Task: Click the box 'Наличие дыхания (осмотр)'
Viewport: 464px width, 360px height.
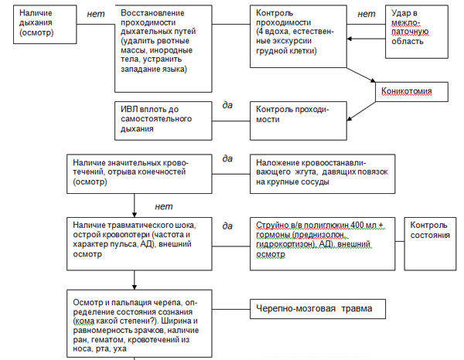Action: (45, 25)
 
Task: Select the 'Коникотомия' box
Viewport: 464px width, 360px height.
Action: (411, 92)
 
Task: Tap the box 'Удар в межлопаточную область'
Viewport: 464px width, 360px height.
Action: (417, 32)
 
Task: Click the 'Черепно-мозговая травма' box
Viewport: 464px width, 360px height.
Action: (318, 309)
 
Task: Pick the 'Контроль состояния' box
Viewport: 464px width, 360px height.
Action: (430, 244)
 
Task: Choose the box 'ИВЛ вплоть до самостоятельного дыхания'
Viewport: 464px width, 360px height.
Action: (163, 121)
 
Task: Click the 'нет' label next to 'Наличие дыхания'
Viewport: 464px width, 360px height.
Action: (96, 14)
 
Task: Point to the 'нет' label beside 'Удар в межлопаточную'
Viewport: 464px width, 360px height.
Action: (367, 14)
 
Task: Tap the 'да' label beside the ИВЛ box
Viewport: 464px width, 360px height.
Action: (227, 105)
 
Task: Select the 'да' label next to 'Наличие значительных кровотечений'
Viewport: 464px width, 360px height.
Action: (227, 158)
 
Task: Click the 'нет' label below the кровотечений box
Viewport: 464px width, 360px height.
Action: (164, 206)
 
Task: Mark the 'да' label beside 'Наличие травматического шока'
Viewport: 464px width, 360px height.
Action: (227, 226)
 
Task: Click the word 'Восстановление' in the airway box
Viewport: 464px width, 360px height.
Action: (152, 13)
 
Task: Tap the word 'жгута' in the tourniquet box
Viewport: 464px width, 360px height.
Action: (305, 172)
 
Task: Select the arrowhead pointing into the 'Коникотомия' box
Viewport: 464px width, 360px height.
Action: (374, 80)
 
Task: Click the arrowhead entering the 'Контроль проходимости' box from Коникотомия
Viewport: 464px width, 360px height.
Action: (350, 118)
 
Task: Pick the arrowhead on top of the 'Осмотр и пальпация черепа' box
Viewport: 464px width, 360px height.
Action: (135, 287)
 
